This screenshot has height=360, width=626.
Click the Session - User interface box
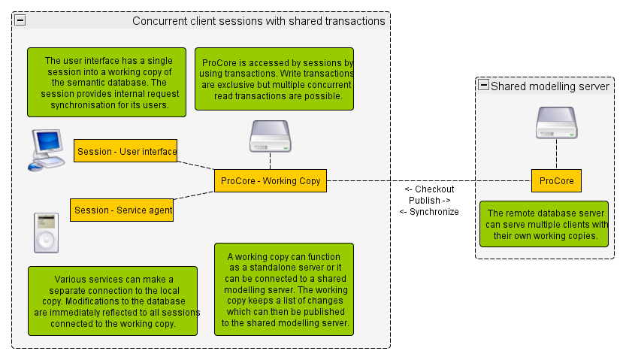tap(126, 150)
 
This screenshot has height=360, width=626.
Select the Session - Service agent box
tap(122, 210)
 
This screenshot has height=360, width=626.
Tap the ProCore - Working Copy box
tap(271, 180)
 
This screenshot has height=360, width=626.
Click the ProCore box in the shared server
tap(556, 180)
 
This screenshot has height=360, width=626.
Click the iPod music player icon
tap(46, 232)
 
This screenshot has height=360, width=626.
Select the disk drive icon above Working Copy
tap(270, 136)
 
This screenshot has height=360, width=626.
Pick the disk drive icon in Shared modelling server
tap(556, 123)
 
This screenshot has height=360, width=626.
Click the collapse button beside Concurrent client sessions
tap(20, 20)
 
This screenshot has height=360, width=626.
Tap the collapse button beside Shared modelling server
tap(484, 86)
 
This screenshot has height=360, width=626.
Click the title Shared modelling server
tap(549, 86)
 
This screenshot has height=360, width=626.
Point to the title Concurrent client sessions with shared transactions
tap(259, 21)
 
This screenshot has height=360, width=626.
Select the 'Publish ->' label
tap(429, 201)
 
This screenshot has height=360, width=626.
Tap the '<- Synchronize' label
tap(429, 212)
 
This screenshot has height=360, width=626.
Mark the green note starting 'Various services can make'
tap(113, 301)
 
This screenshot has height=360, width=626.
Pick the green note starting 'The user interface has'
tap(108, 83)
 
